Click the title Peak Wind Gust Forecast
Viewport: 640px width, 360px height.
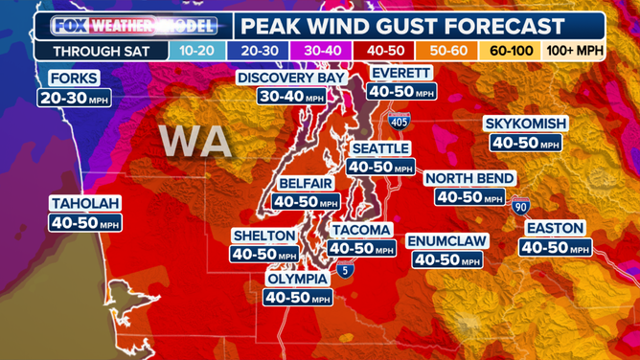tap(415, 26)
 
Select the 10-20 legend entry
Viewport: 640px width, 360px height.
tap(200, 51)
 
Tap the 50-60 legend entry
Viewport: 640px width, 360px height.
tap(447, 51)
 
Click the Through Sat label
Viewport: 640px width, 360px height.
tap(100, 51)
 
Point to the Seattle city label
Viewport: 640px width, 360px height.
tap(380, 148)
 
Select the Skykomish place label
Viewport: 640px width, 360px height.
tap(526, 124)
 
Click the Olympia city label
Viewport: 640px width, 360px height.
tap(297, 279)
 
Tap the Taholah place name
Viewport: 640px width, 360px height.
tap(85, 203)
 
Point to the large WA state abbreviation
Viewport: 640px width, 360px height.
tap(194, 141)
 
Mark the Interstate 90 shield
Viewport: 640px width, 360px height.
tap(520, 204)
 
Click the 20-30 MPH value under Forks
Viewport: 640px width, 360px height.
tap(74, 97)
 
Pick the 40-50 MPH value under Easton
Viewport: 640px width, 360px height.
tap(556, 247)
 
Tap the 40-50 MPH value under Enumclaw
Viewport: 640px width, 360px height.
tap(447, 259)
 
